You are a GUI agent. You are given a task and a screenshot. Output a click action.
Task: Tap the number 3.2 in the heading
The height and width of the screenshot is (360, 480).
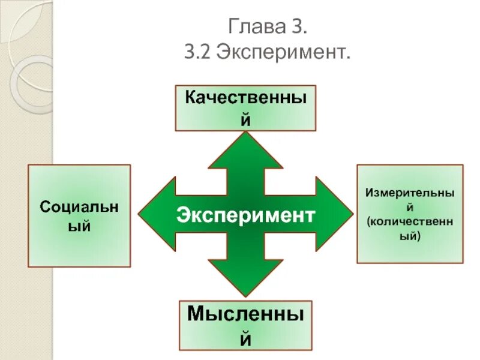click(200, 54)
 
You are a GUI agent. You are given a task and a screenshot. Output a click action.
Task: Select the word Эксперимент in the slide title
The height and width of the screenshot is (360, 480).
click(284, 54)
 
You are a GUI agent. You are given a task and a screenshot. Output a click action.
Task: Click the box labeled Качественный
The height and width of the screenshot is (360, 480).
click(245, 108)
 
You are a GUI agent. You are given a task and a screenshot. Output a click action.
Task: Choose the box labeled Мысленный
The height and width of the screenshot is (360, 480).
click(245, 326)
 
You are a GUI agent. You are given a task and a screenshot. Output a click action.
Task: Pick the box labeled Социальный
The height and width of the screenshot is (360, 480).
click(79, 216)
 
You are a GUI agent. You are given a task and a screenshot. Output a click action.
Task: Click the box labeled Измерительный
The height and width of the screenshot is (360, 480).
click(410, 214)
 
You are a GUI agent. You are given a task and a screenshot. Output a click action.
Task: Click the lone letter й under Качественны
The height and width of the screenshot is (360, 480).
click(245, 119)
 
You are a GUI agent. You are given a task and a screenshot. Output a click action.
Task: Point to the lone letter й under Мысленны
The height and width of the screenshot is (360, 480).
click(245, 339)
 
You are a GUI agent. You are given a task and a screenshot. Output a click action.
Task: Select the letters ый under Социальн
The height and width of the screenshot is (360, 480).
click(80, 227)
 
